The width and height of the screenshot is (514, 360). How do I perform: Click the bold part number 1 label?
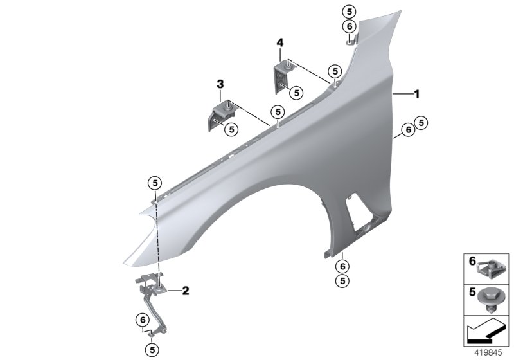(x=416, y=94)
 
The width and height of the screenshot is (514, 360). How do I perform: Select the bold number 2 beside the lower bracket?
(x=185, y=291)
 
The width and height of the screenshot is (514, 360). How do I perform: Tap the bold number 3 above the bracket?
(x=220, y=84)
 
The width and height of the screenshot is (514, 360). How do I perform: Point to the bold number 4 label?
(x=279, y=42)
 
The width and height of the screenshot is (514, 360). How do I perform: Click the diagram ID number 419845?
(x=490, y=352)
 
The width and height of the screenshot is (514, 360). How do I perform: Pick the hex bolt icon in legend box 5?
(x=491, y=297)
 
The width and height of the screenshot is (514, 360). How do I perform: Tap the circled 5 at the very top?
(x=348, y=12)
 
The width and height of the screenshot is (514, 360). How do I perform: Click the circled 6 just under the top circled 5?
(x=348, y=26)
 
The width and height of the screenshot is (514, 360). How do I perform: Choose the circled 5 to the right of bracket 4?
(x=296, y=93)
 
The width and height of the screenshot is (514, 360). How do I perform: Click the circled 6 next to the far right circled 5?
(x=407, y=130)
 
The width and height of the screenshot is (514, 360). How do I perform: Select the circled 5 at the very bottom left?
(x=152, y=349)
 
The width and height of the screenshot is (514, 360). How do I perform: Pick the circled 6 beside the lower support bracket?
(x=141, y=320)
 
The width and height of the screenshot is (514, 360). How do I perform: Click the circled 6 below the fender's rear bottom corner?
(x=342, y=265)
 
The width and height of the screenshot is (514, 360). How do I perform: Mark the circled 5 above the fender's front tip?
(x=155, y=183)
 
